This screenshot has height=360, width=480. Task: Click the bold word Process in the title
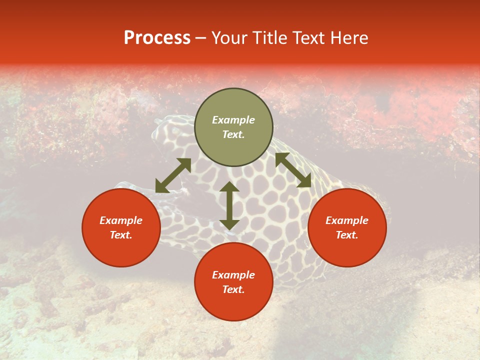(157, 38)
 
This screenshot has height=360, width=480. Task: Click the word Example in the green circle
(233, 120)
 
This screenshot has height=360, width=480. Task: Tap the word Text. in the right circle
(347, 235)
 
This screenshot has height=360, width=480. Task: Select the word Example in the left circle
(121, 220)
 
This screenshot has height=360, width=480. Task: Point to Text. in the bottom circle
(233, 289)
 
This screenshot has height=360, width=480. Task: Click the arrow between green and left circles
(173, 175)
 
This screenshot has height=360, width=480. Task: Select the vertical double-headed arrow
(229, 205)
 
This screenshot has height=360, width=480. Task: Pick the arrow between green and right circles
(293, 170)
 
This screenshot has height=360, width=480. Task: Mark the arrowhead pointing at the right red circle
(304, 181)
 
